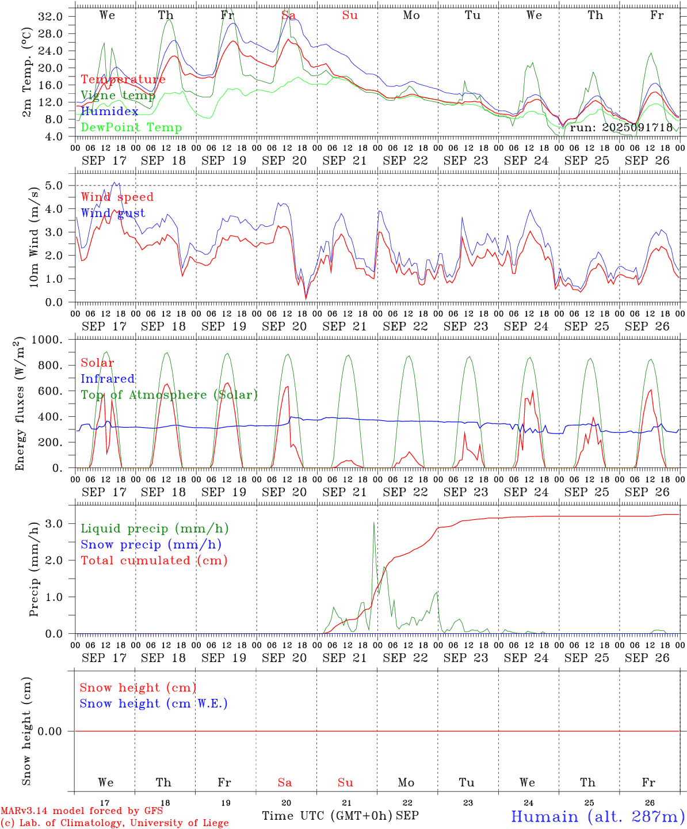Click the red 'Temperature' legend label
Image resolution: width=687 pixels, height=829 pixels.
click(123, 79)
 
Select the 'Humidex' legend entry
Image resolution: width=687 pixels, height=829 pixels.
click(109, 111)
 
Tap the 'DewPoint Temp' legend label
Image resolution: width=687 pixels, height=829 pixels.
click(131, 127)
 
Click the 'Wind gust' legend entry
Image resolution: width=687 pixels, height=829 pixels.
click(113, 213)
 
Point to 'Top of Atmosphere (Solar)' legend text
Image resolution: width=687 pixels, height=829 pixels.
click(169, 395)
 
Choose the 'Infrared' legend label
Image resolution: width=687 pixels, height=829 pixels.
click(108, 379)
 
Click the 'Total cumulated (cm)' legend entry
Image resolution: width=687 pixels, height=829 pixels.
click(154, 560)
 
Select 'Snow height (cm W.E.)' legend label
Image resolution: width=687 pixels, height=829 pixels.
click(154, 703)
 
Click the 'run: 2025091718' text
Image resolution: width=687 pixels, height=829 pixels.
click(621, 127)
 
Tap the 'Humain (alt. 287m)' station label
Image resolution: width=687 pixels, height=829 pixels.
click(598, 816)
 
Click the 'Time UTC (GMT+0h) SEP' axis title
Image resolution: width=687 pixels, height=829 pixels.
click(340, 816)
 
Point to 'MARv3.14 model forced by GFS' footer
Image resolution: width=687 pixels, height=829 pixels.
click(82, 811)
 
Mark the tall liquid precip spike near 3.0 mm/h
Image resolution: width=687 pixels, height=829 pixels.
click(374, 524)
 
